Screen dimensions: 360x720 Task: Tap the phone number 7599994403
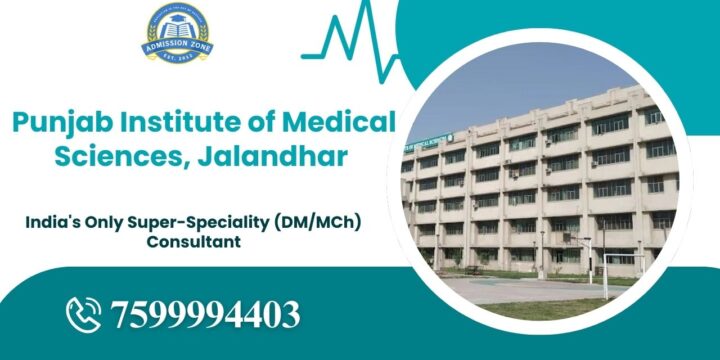tap(206, 315)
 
